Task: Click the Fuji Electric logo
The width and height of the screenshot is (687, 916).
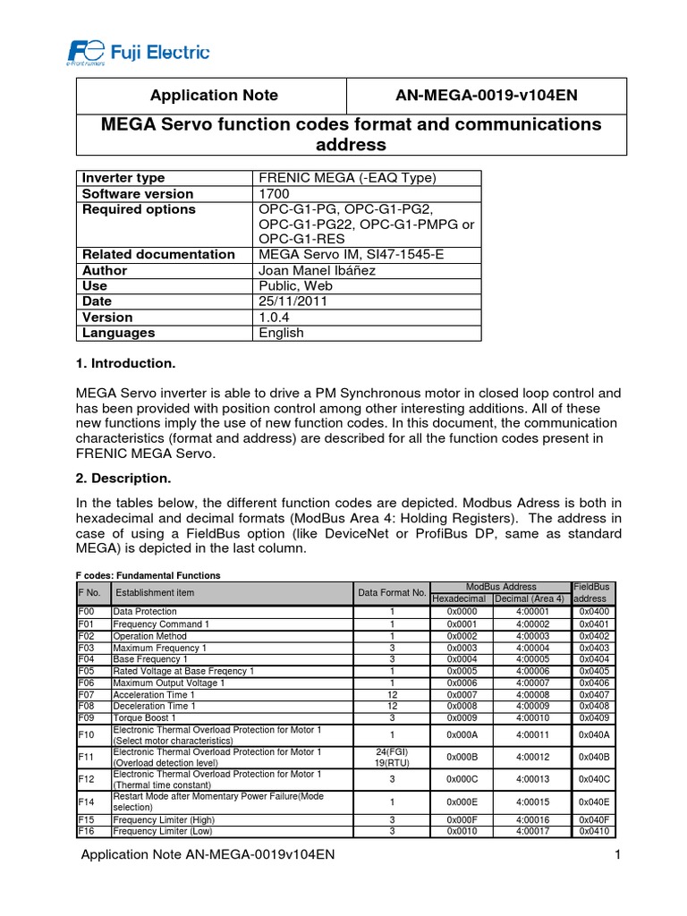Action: coord(138,52)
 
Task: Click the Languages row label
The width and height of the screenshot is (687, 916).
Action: coord(119,333)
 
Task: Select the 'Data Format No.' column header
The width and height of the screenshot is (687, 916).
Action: coord(392,592)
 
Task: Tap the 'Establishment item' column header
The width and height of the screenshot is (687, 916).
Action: coord(155,592)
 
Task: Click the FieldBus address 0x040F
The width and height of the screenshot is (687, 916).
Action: coord(593,818)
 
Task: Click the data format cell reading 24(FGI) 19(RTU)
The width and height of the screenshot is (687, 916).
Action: coord(392,757)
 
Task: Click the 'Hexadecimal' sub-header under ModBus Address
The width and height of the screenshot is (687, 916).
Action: coord(459,598)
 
